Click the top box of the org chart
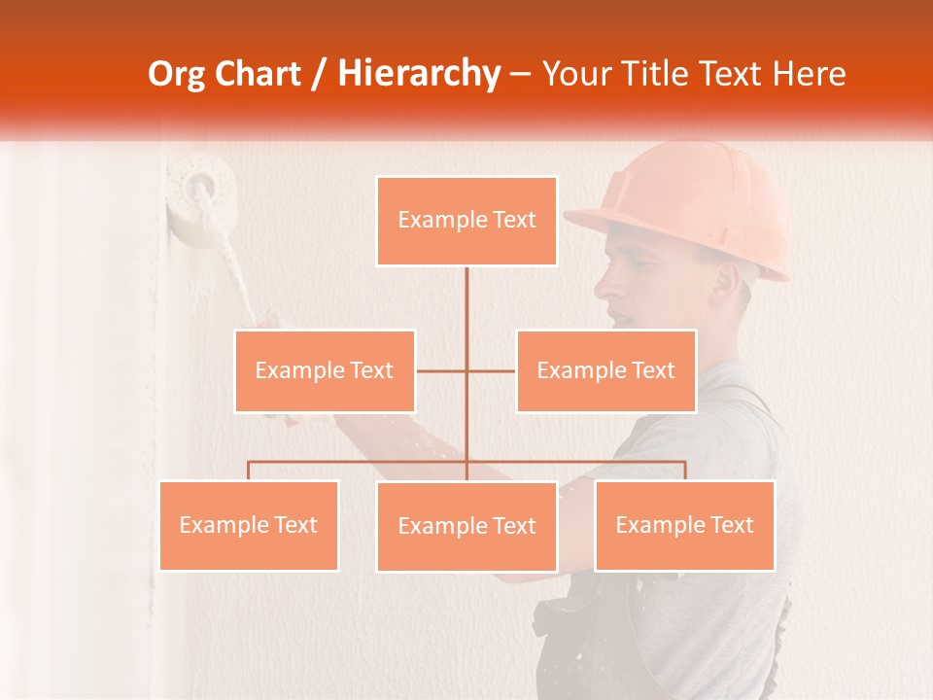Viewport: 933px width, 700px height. [x=466, y=221]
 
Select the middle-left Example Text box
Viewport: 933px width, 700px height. [x=325, y=370]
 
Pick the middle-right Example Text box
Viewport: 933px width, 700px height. [x=605, y=370]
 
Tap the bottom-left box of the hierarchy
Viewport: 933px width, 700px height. [x=249, y=525]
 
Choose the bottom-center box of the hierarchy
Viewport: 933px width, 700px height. [x=466, y=526]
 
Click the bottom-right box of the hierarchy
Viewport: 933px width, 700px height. [x=684, y=525]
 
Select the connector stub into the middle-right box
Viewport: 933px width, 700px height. [x=492, y=370]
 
